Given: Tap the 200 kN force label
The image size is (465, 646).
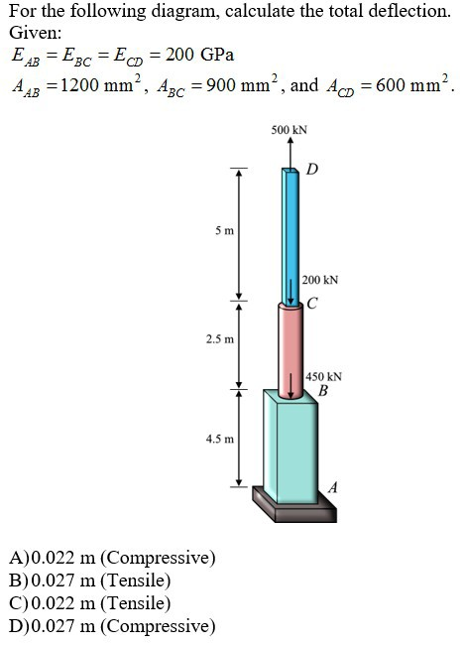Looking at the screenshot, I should (x=320, y=281).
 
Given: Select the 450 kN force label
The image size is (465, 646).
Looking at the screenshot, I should (x=323, y=377).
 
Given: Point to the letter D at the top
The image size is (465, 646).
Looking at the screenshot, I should (x=312, y=168).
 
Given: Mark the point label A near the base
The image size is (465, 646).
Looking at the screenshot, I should (x=333, y=486).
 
